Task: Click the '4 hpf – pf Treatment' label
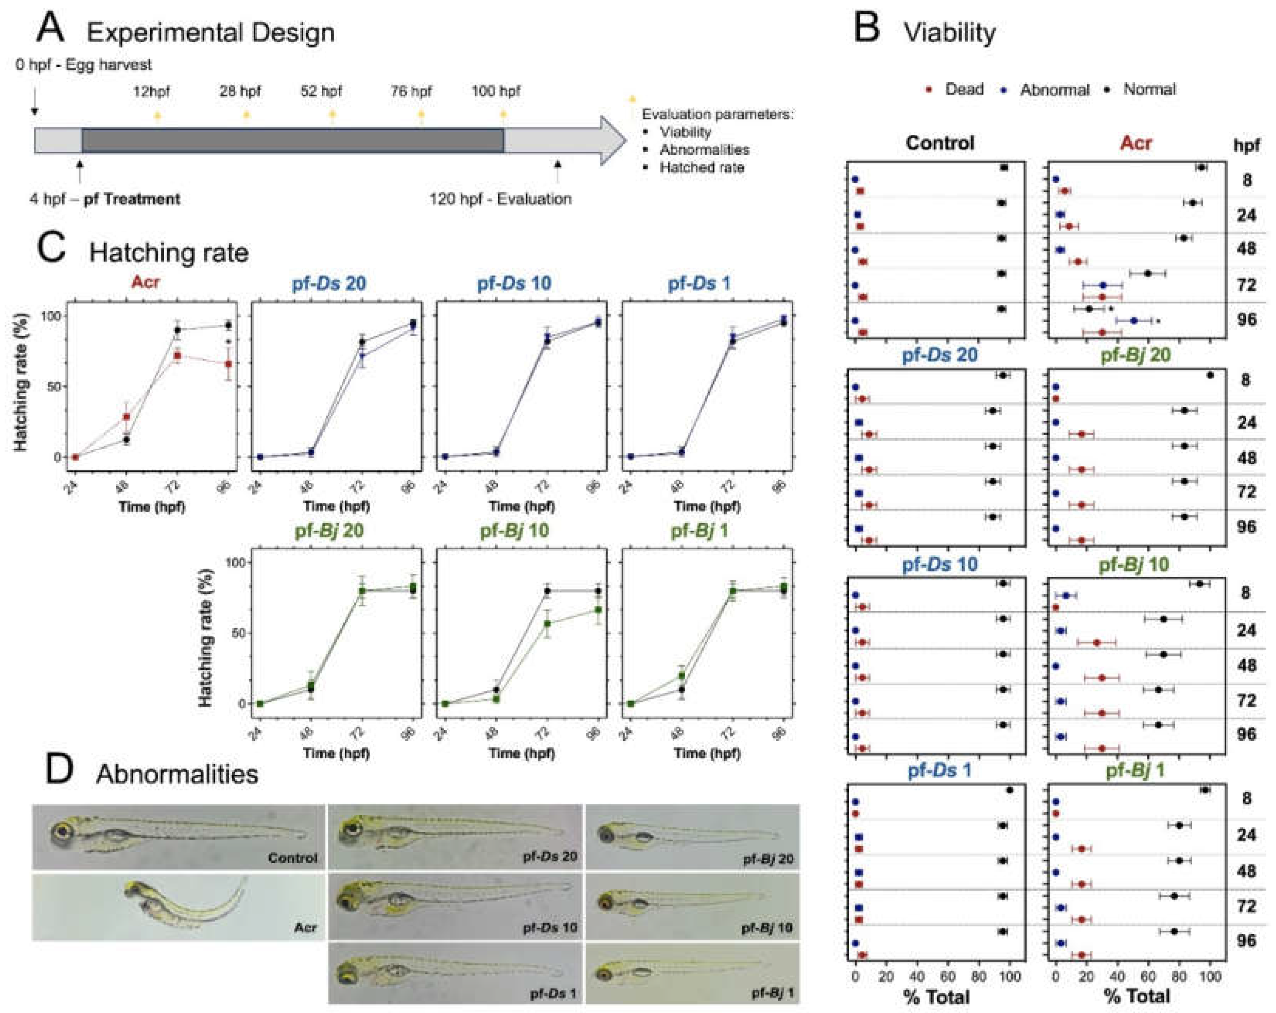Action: pyautogui.click(x=105, y=199)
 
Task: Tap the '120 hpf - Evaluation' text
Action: pyautogui.click(x=501, y=199)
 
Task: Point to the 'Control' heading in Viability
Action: pyautogui.click(x=940, y=143)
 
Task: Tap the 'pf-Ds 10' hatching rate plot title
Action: pyautogui.click(x=514, y=283)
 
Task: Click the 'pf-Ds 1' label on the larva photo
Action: pyautogui.click(x=553, y=994)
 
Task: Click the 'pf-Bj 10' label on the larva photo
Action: pyautogui.click(x=767, y=928)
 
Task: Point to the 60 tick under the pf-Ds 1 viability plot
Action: pyautogui.click(x=948, y=976)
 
